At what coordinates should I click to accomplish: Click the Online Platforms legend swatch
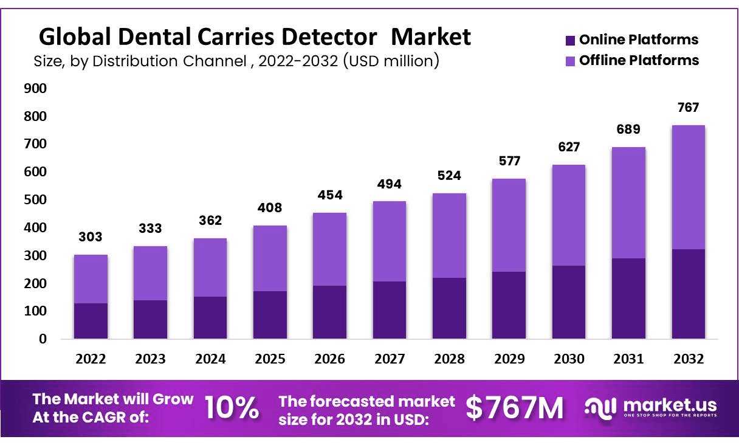coord(569,41)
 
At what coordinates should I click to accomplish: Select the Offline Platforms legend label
coord(639,60)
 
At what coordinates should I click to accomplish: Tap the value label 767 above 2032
coord(688,108)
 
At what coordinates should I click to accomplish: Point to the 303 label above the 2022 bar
coord(91,237)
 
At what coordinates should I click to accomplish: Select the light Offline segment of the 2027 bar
coord(389,241)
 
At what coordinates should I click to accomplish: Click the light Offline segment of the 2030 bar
coord(568,215)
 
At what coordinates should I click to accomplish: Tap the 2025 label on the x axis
coord(270,359)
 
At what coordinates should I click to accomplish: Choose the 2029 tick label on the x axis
coord(509,359)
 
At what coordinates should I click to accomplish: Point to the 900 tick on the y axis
coord(35,89)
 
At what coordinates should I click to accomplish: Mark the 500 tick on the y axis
coord(35,200)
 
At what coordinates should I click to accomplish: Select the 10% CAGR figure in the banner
coord(232,407)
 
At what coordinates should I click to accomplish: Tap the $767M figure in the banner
coord(515,407)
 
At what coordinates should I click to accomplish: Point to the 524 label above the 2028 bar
coord(449,176)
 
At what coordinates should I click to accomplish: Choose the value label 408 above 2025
coord(270,208)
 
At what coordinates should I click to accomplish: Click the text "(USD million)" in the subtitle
coord(390,61)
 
